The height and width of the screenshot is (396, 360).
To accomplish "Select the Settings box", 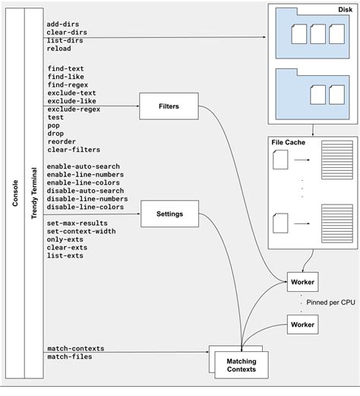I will [x=169, y=214].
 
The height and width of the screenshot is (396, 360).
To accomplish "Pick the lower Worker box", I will [x=302, y=325].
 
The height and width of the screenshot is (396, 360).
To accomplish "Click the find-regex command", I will [x=68, y=84].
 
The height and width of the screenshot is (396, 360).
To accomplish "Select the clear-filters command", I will [x=73, y=150].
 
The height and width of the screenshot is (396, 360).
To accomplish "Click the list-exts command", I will [x=65, y=256].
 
